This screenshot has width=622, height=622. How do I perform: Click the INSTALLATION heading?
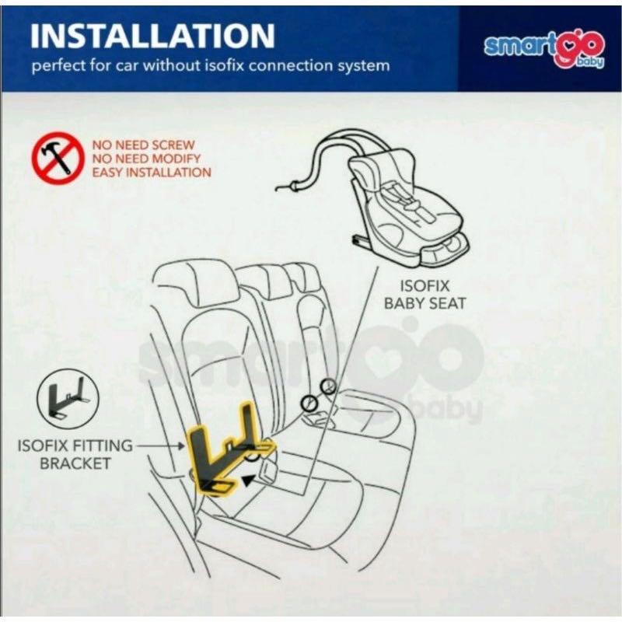click(x=153, y=36)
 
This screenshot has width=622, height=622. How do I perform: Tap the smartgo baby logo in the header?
click(x=543, y=49)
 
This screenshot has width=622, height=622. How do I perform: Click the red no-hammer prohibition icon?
click(x=57, y=158)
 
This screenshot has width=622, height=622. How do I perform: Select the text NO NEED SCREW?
click(x=144, y=145)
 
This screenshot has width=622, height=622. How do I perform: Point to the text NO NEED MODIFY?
click(x=146, y=159)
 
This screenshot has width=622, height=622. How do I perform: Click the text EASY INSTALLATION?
click(x=152, y=173)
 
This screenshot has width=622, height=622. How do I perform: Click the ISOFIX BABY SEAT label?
click(x=425, y=295)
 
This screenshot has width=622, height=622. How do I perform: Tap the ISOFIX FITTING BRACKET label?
click(x=75, y=454)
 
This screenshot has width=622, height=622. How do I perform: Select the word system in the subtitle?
click(x=363, y=66)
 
